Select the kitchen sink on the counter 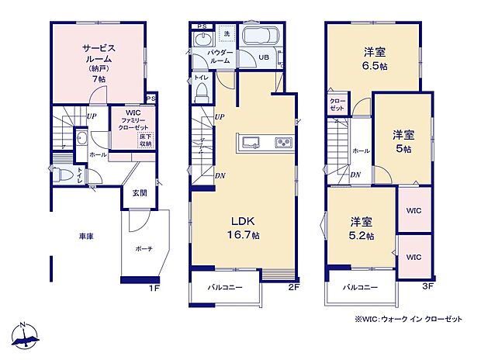(251, 142)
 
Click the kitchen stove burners (283, 142)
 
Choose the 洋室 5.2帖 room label (361, 228)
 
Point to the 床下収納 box (145, 140)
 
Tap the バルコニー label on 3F (359, 287)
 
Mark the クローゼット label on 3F (337, 105)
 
